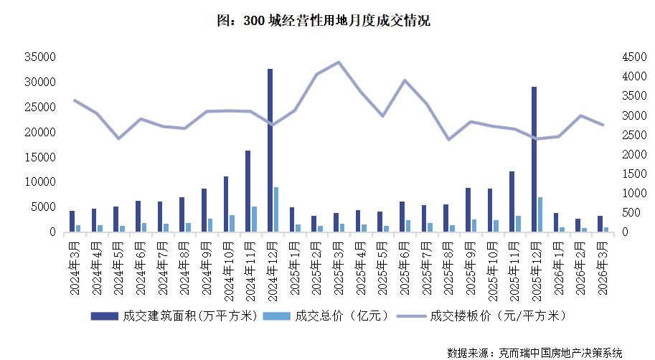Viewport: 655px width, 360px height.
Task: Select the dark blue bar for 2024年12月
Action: click(x=270, y=151)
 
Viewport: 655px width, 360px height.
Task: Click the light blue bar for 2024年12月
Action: click(x=276, y=209)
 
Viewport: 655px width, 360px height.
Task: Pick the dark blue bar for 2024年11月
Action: click(x=248, y=191)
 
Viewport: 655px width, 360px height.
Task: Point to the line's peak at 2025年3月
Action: click(x=339, y=62)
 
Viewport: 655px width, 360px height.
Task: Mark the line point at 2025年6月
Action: click(x=405, y=80)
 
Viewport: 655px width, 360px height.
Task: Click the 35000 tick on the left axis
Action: click(x=41, y=57)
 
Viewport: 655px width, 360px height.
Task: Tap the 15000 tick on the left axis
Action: click(x=41, y=157)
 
